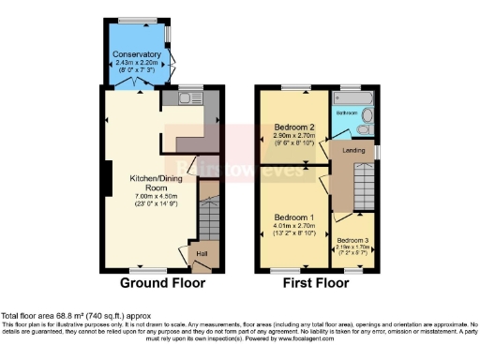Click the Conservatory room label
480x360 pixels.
137,54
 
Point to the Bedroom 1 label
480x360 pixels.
292,217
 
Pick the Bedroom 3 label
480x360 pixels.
353,240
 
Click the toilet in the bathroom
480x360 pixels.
366,117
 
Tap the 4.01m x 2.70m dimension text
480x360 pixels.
292,226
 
